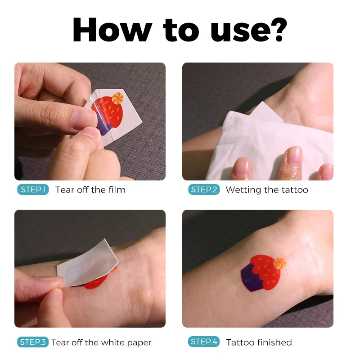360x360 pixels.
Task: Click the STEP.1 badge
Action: (x=33, y=189)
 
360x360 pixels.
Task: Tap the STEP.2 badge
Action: (x=204, y=189)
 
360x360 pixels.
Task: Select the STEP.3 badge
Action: (x=33, y=342)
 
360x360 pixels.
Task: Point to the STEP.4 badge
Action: (x=204, y=342)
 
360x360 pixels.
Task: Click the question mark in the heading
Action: (x=279, y=30)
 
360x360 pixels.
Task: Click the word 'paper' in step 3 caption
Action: (x=139, y=342)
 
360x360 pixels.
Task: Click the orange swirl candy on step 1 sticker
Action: (x=117, y=98)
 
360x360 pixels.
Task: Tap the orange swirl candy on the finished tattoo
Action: (x=279, y=263)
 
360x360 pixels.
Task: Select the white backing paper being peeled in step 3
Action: (x=88, y=263)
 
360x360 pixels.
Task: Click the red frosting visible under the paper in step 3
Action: (x=95, y=283)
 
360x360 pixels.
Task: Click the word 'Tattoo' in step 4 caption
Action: (x=241, y=342)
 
